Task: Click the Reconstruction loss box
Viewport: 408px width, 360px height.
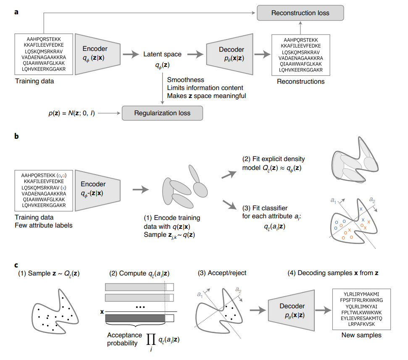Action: [x=300, y=13]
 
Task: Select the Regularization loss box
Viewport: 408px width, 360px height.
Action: [x=162, y=113]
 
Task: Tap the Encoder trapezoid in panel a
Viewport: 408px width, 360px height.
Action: [x=95, y=53]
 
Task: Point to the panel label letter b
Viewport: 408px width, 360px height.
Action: [x=16, y=137]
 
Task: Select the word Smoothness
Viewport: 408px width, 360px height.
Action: [x=185, y=80]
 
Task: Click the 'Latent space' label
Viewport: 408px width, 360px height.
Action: [x=162, y=54]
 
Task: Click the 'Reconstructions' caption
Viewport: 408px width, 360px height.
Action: [x=301, y=81]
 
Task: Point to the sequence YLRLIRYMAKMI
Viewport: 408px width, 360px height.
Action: [x=362, y=293]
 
